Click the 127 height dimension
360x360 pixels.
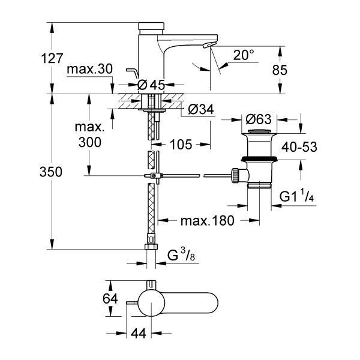(x=52, y=58)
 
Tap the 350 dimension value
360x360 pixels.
(x=51, y=172)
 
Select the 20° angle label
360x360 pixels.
(x=244, y=55)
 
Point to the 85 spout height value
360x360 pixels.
(x=280, y=70)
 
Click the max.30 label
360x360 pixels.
(x=90, y=68)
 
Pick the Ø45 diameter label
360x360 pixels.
(x=151, y=85)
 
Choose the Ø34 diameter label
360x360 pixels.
(x=201, y=109)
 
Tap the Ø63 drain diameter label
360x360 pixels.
(x=259, y=119)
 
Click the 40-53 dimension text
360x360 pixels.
(x=299, y=147)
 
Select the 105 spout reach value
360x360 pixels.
(x=181, y=145)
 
